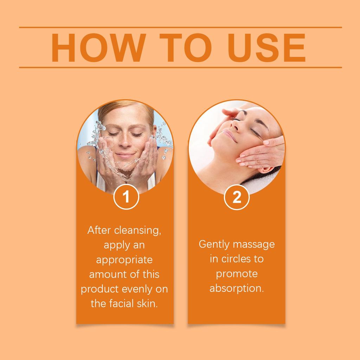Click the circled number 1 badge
126,197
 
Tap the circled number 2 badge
237,197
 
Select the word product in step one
99,289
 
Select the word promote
237,274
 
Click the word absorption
237,288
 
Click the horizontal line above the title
180,27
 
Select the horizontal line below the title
180,67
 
